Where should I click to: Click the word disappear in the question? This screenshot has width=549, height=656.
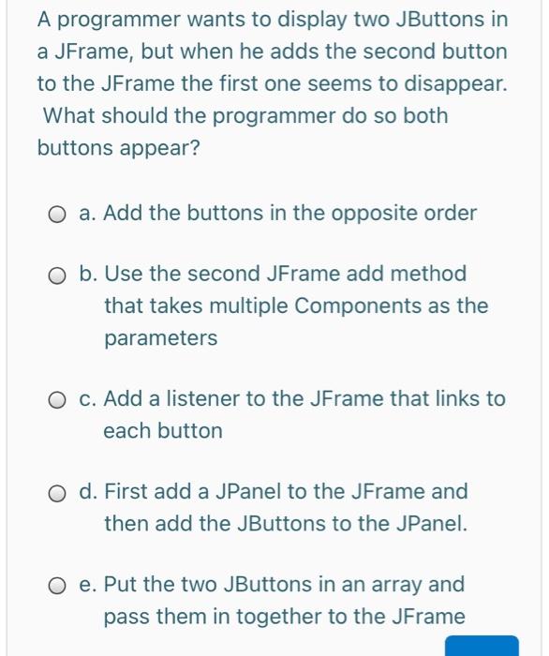point(453,84)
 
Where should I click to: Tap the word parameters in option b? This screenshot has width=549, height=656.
point(160,338)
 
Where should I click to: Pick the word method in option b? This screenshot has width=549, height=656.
point(431,275)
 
